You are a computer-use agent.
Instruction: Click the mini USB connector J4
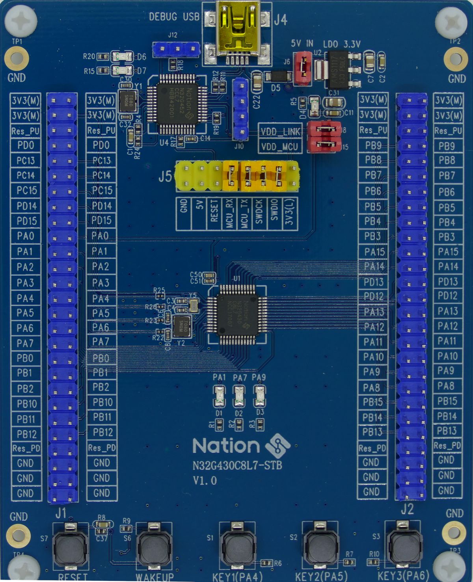236,33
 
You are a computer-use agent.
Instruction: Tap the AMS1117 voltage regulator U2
337,69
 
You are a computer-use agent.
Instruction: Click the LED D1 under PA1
219,396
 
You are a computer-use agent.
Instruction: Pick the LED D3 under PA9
259,396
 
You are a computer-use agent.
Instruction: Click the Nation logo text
226,446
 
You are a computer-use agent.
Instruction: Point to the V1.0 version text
205,480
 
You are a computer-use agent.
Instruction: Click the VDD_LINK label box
280,132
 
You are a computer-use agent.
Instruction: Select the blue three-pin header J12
177,50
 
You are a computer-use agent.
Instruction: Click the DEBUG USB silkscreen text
174,17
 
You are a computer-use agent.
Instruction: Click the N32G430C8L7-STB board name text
237,465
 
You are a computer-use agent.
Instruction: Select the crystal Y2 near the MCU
182,326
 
